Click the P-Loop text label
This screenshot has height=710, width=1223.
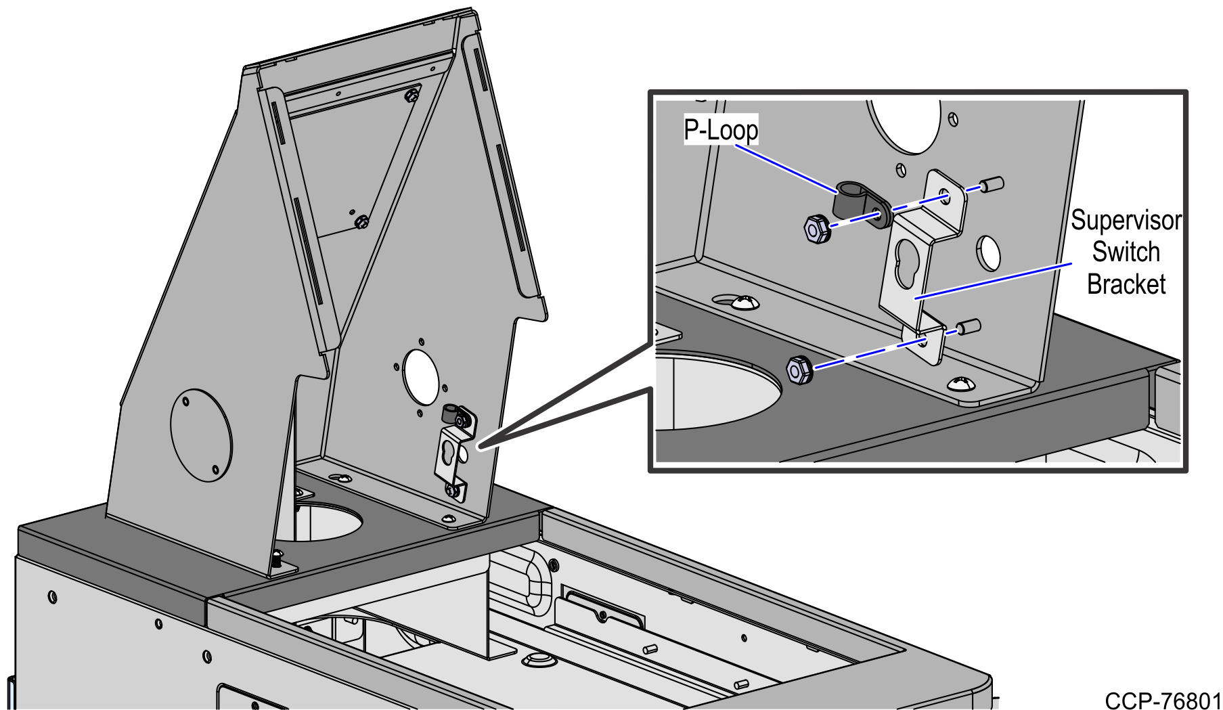click(721, 130)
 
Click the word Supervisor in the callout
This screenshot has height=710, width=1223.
click(1126, 221)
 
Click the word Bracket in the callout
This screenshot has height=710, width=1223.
click(1126, 284)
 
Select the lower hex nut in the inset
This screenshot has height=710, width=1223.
click(799, 370)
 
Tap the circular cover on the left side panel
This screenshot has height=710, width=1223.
click(201, 435)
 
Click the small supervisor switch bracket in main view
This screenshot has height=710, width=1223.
click(450, 460)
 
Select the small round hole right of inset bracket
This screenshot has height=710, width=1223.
click(988, 252)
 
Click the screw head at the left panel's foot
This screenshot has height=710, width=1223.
click(277, 559)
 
